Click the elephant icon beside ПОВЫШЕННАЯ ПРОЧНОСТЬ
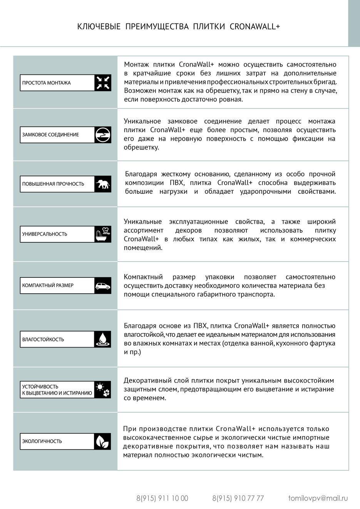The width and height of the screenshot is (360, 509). (x=103, y=184)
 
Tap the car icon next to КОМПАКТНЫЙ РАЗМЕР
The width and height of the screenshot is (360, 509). (x=103, y=286)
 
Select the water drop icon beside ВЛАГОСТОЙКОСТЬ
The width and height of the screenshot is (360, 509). (x=103, y=339)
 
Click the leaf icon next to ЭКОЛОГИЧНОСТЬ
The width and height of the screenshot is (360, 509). (x=103, y=441)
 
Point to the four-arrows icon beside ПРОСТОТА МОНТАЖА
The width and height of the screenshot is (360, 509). (x=103, y=83)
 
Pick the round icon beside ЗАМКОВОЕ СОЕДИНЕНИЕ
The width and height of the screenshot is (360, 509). (x=103, y=135)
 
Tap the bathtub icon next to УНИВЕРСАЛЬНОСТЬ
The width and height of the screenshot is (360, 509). (x=103, y=234)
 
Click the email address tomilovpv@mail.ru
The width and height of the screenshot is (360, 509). (x=318, y=498)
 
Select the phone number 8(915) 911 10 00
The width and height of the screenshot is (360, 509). (x=162, y=498)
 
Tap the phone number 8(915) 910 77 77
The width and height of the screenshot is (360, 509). (x=238, y=498)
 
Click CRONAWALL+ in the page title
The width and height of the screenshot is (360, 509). (x=255, y=27)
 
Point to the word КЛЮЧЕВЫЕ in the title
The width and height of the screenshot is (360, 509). (x=99, y=27)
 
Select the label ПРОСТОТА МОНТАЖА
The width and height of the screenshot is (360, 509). (x=46, y=83)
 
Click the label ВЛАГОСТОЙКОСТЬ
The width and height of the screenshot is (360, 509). (x=43, y=339)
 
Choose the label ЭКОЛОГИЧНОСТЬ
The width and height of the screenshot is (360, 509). (x=42, y=441)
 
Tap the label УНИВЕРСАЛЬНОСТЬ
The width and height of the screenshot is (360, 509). (x=45, y=234)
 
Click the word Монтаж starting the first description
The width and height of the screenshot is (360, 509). (x=136, y=64)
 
